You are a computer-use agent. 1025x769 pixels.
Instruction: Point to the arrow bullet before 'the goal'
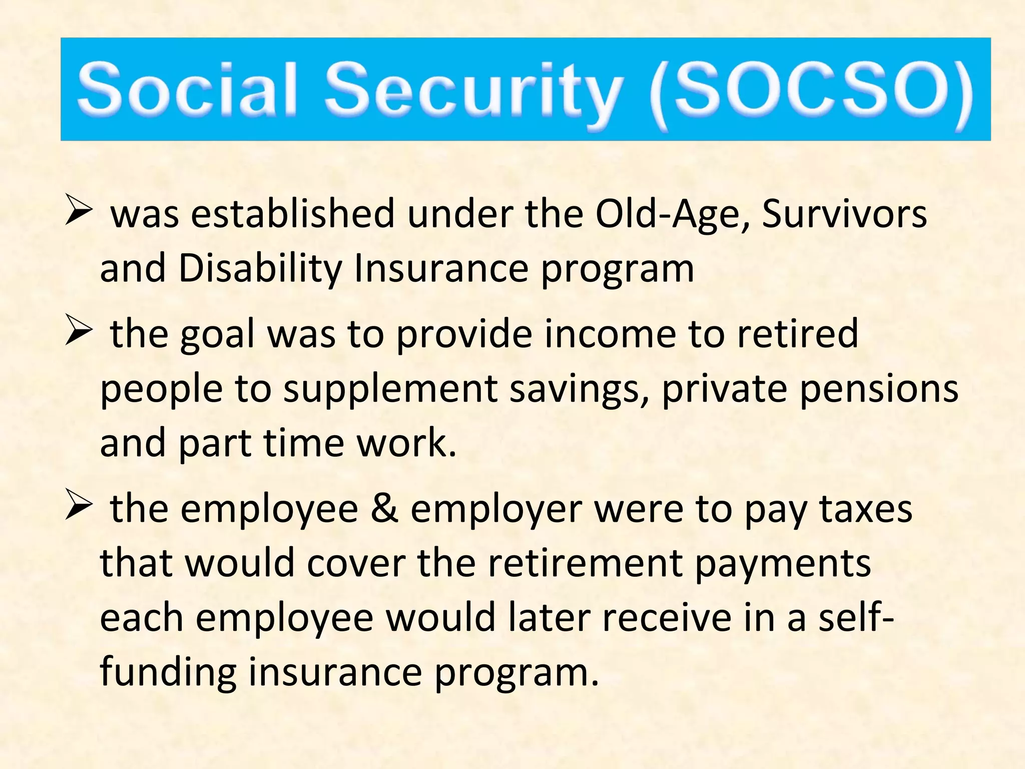tap(79, 331)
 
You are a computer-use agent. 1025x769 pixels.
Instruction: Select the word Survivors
tap(844, 214)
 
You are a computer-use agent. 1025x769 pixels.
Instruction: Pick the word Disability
tap(260, 269)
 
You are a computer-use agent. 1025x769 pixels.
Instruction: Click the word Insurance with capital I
tap(441, 269)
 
